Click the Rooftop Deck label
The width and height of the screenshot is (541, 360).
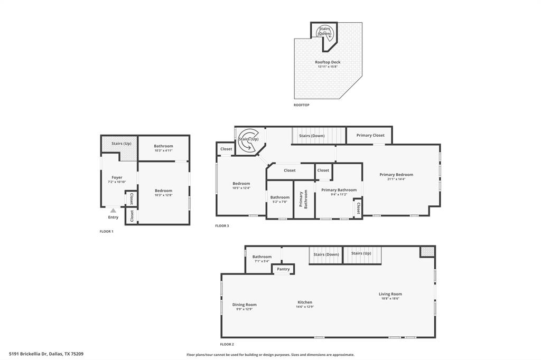[328, 62]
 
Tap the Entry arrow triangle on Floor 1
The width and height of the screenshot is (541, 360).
[113, 211]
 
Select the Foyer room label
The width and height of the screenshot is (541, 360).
[117, 177]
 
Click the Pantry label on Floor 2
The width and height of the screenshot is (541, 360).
[283, 269]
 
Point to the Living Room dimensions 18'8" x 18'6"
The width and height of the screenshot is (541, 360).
[390, 299]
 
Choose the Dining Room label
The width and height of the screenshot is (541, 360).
[244, 304]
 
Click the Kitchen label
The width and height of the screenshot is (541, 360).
[305, 302]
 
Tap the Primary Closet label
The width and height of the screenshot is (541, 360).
[370, 135]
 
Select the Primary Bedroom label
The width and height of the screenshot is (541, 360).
[396, 174]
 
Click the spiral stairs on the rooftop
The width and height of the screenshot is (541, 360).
[324, 32]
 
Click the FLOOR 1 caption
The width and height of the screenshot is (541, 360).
[107, 231]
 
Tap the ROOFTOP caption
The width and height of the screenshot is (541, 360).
[302, 105]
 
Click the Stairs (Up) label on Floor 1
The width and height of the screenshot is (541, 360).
[121, 143]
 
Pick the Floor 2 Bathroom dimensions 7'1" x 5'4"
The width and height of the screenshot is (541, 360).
[262, 261]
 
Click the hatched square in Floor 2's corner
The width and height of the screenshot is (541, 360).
[427, 251]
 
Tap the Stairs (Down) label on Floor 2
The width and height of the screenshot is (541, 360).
[326, 254]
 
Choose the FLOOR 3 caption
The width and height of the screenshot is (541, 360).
[222, 226]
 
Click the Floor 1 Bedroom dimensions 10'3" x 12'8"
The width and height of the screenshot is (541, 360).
[163, 195]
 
